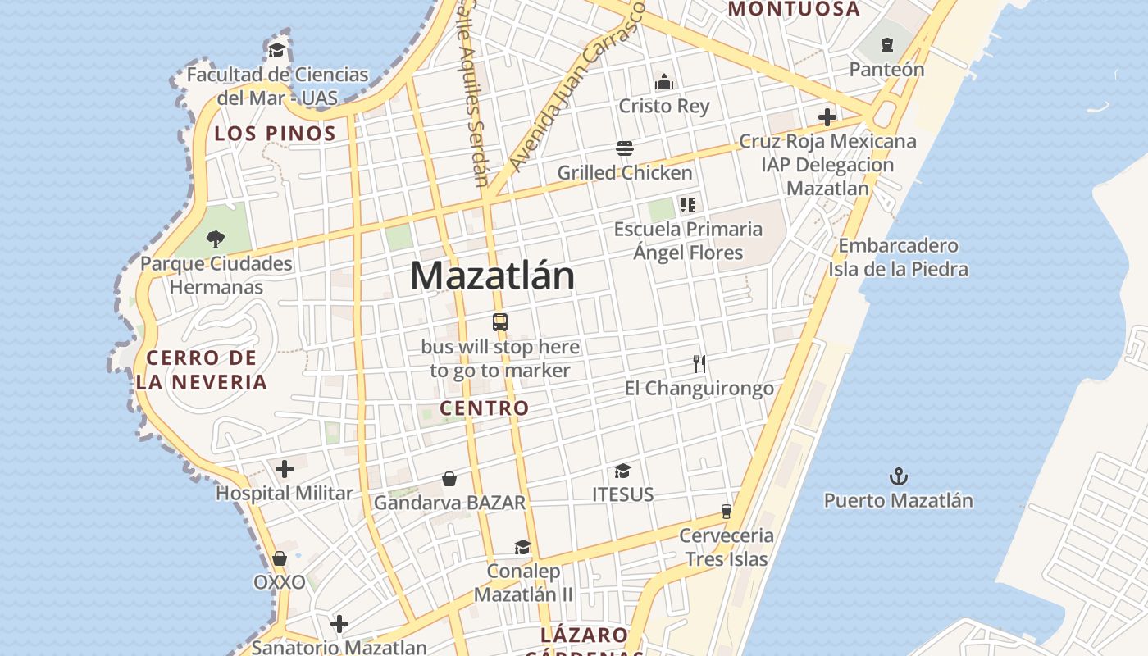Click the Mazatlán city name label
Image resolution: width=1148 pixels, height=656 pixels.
point(492,276)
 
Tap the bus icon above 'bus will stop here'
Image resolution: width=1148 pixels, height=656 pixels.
point(500,321)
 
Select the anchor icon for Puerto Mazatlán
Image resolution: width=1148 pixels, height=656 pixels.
point(899,476)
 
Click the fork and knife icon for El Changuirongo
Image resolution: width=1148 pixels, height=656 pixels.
point(699,363)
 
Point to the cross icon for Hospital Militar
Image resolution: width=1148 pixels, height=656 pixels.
point(285,469)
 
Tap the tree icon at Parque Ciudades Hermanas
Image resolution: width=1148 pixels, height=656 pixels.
point(216,239)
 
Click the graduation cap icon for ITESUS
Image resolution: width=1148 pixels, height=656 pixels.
point(623,471)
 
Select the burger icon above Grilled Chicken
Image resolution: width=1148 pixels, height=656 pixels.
point(625,148)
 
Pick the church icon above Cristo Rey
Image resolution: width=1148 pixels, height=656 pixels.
point(664,82)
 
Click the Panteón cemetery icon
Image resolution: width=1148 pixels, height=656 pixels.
point(886,45)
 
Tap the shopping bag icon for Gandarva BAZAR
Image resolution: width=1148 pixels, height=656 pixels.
point(449,479)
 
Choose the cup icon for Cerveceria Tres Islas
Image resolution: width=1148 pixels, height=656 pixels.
point(726,512)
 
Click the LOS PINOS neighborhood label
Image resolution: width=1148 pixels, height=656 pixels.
point(276,134)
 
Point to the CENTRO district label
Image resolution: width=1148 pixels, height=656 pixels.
point(485,408)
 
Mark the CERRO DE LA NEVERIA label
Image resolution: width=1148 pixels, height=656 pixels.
point(202,370)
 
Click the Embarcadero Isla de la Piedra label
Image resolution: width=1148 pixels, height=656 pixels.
point(898,257)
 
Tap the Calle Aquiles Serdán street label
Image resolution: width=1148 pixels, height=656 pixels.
point(472,90)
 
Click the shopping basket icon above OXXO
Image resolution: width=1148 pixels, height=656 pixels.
point(280,558)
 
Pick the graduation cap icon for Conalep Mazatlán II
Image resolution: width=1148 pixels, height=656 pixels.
point(522,548)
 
